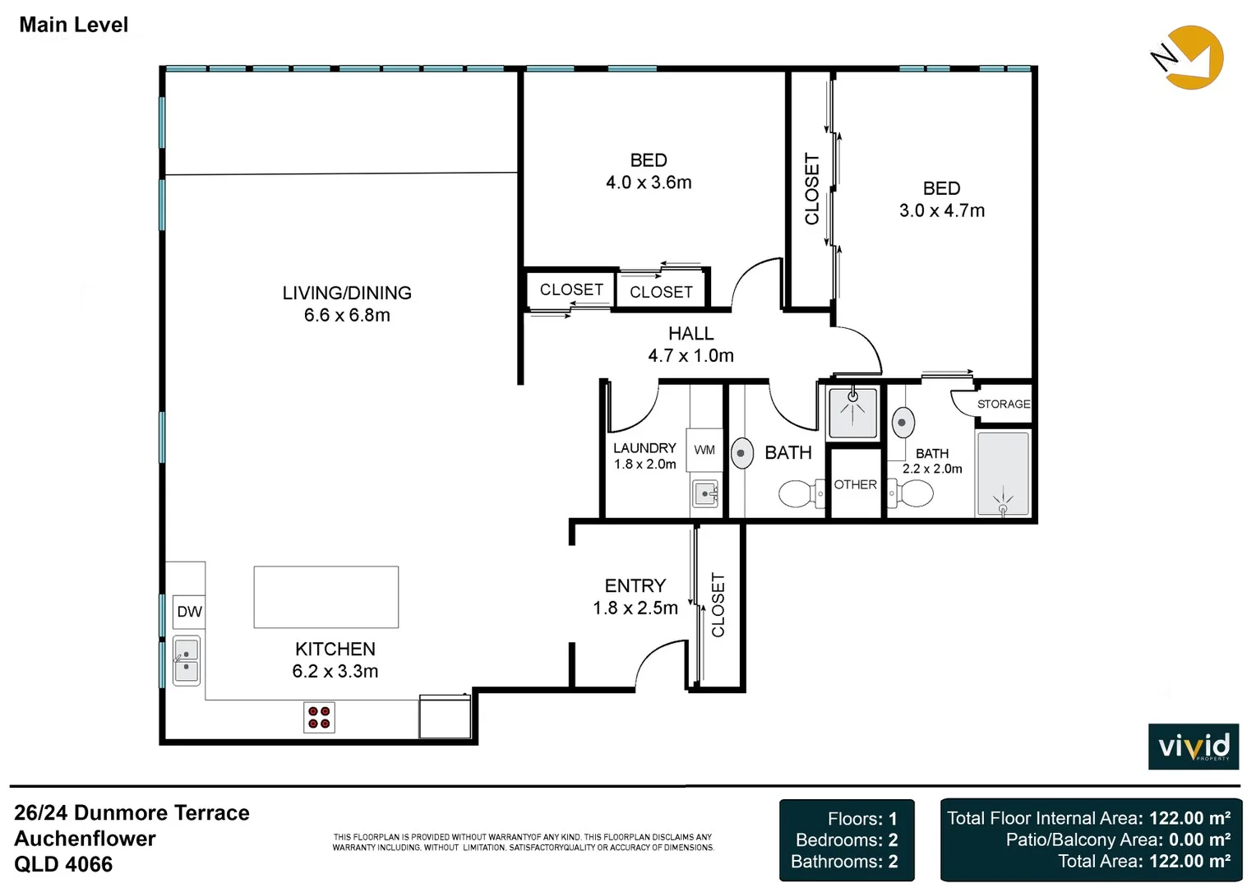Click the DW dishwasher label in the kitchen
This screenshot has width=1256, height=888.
coord(189,612)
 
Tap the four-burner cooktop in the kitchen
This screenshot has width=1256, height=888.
coord(319,717)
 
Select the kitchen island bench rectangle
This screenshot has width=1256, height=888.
coord(326,597)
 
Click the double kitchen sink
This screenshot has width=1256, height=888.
coord(187,660)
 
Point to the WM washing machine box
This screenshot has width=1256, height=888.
coord(704,450)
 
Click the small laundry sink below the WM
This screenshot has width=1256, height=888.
coord(705,493)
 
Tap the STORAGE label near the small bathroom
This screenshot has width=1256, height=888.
coord(1003,404)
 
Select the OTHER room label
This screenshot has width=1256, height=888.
coord(855,484)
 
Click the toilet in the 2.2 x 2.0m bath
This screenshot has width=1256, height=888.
coord(912,493)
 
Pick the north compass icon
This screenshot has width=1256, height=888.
coord(1188,58)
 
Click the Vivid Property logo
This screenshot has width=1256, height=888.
coord(1194,747)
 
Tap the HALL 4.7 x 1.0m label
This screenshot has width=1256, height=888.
coord(690,345)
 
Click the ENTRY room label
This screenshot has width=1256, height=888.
coord(635,585)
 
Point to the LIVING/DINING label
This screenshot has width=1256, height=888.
coord(347,293)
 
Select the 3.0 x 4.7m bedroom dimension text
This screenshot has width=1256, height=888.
coord(942,210)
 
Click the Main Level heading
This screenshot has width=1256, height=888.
coord(74,25)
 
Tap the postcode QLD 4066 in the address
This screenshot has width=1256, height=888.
coord(63,864)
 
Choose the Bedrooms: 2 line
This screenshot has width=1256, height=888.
coord(847,839)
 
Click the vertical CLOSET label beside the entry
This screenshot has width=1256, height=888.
coord(718,605)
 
